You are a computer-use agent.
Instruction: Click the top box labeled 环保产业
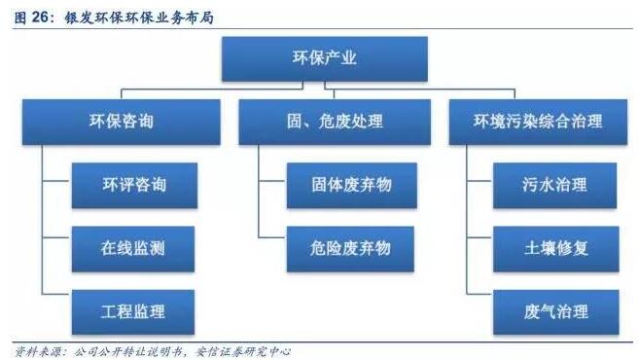pos(324,58)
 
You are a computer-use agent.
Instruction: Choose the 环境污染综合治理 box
pos(537,122)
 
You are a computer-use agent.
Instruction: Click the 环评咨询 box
pos(133,184)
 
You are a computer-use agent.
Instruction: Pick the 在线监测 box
pos(133,247)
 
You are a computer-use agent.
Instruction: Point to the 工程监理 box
pos(133,311)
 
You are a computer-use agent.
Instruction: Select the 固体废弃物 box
pos(337,184)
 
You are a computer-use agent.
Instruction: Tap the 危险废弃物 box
pos(337,247)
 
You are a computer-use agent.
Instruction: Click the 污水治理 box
pos(554,184)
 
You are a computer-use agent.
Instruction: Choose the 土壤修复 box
pos(554,247)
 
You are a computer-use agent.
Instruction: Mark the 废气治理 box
pos(554,311)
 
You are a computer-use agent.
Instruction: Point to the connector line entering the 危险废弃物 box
pos(271,236)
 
